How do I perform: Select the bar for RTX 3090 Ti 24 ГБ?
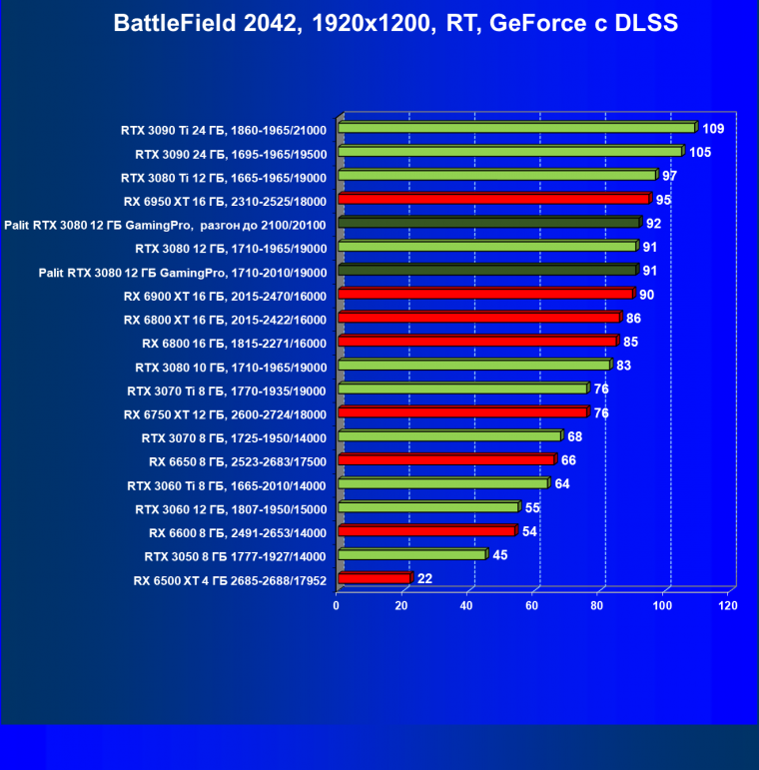(x=516, y=128)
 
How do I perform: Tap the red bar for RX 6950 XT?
(x=494, y=199)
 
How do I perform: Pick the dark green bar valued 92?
(x=489, y=223)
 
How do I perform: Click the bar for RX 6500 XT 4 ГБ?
(x=375, y=578)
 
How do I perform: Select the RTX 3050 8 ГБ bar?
(x=411, y=554)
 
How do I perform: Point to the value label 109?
(x=713, y=129)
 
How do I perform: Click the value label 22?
(x=424, y=579)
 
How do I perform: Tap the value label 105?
(x=700, y=152)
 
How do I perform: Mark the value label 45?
(x=499, y=555)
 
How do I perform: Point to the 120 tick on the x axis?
(x=729, y=605)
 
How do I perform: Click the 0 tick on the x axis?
(x=338, y=605)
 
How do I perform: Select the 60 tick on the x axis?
(x=533, y=605)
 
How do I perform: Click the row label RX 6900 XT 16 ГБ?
(x=226, y=295)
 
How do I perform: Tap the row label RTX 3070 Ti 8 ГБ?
(x=227, y=389)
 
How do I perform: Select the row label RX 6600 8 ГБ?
(x=238, y=531)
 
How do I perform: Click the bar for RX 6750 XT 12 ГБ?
(x=462, y=412)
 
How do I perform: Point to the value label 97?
(x=669, y=176)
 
